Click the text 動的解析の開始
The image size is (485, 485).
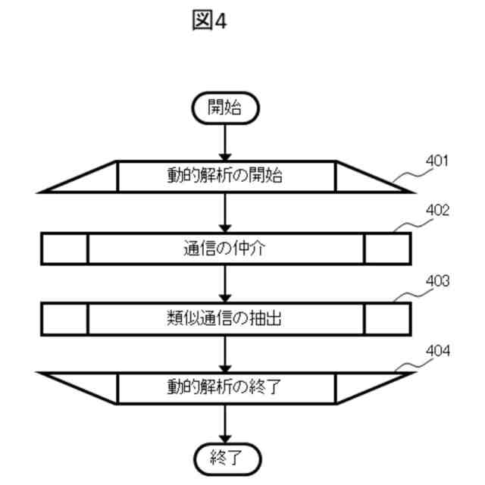click(225, 177)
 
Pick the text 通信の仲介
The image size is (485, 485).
click(225, 249)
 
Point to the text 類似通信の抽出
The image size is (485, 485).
click(225, 319)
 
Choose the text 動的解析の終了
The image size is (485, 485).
click(225, 388)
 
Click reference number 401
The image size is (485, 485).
click(436, 161)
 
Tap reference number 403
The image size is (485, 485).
click(436, 280)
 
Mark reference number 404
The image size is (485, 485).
click(436, 351)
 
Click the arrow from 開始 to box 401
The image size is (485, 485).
click(225, 142)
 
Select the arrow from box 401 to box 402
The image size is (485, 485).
click(225, 212)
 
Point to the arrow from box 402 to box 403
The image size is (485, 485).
click(225, 283)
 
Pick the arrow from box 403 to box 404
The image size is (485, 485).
click(225, 354)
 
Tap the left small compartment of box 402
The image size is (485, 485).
click(64, 249)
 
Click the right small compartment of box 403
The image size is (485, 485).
click(387, 319)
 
